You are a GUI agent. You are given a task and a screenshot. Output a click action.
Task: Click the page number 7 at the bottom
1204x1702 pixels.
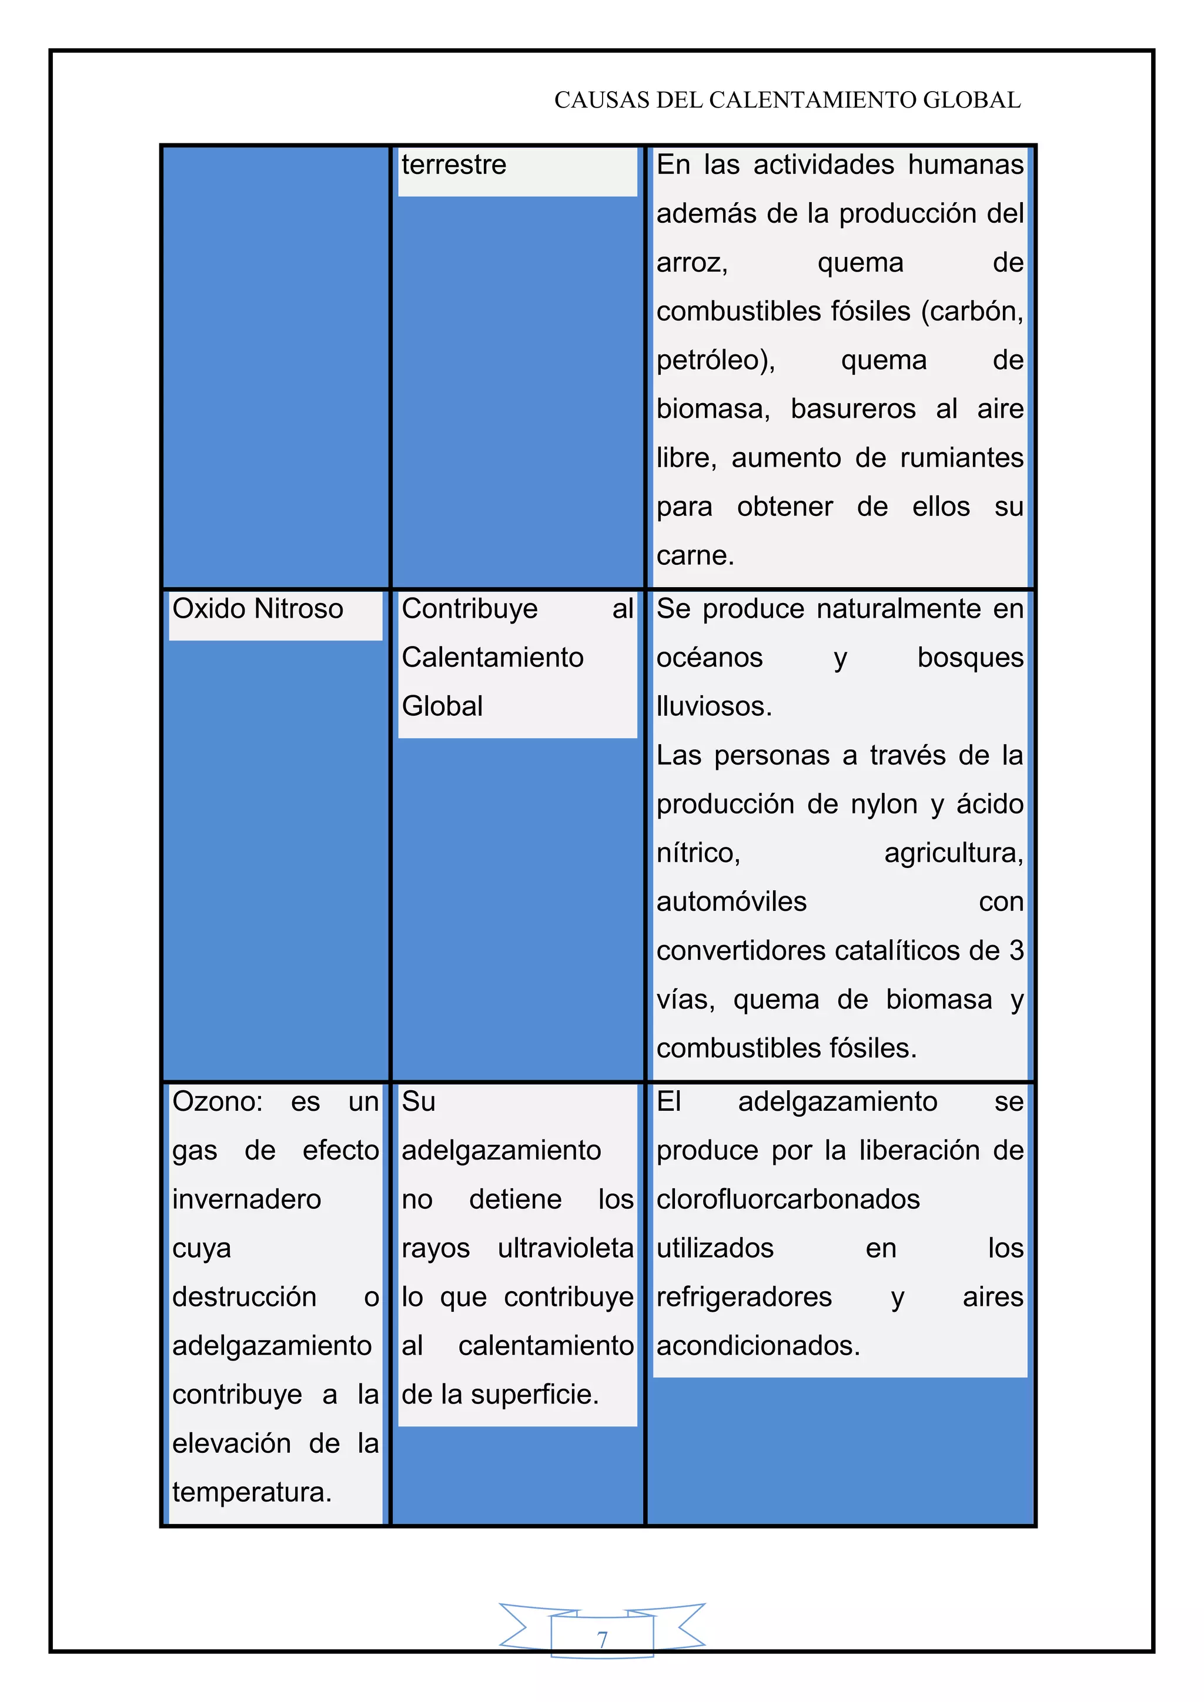click(x=602, y=1639)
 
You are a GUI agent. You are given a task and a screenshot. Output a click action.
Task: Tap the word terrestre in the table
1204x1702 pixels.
click(x=454, y=165)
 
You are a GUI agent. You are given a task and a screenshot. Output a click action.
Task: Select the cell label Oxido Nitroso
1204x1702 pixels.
click(x=257, y=609)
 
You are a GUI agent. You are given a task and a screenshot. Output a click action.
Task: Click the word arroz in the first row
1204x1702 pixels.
click(x=691, y=263)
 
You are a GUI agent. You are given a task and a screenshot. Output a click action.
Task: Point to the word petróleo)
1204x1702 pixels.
click(x=715, y=360)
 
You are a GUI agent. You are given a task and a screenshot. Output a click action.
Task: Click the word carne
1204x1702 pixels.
click(x=695, y=555)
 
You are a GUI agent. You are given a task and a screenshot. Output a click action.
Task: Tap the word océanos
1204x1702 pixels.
click(x=710, y=658)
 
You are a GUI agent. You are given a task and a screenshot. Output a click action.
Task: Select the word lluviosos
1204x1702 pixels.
click(x=714, y=706)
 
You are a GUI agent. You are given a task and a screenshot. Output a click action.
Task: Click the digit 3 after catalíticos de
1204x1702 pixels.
click(x=1016, y=950)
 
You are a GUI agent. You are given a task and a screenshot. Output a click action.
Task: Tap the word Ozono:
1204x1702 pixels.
click(x=217, y=1101)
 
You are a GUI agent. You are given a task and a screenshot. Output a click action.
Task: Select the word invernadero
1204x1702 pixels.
click(x=247, y=1200)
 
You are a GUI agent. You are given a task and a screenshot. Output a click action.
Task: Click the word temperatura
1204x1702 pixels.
click(x=252, y=1492)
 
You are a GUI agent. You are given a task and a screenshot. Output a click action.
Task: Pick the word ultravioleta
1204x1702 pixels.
click(x=566, y=1248)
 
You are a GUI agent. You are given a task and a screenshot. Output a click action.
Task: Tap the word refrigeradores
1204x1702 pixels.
click(x=744, y=1297)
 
